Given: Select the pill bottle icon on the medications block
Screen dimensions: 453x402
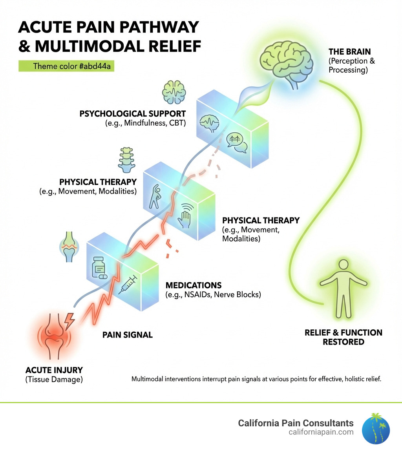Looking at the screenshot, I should tap(99, 268).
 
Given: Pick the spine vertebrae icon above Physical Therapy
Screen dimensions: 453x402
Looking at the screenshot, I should tap(126, 160).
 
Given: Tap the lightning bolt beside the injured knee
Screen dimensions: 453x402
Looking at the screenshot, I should tap(69, 321).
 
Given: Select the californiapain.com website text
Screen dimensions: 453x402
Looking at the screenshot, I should tap(321, 432).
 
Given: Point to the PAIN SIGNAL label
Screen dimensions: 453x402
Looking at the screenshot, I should tap(127, 335).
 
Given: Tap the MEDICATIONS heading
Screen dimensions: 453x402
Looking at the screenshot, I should tap(194, 285).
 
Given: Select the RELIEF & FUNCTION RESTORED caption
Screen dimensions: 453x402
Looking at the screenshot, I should tap(343, 337).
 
